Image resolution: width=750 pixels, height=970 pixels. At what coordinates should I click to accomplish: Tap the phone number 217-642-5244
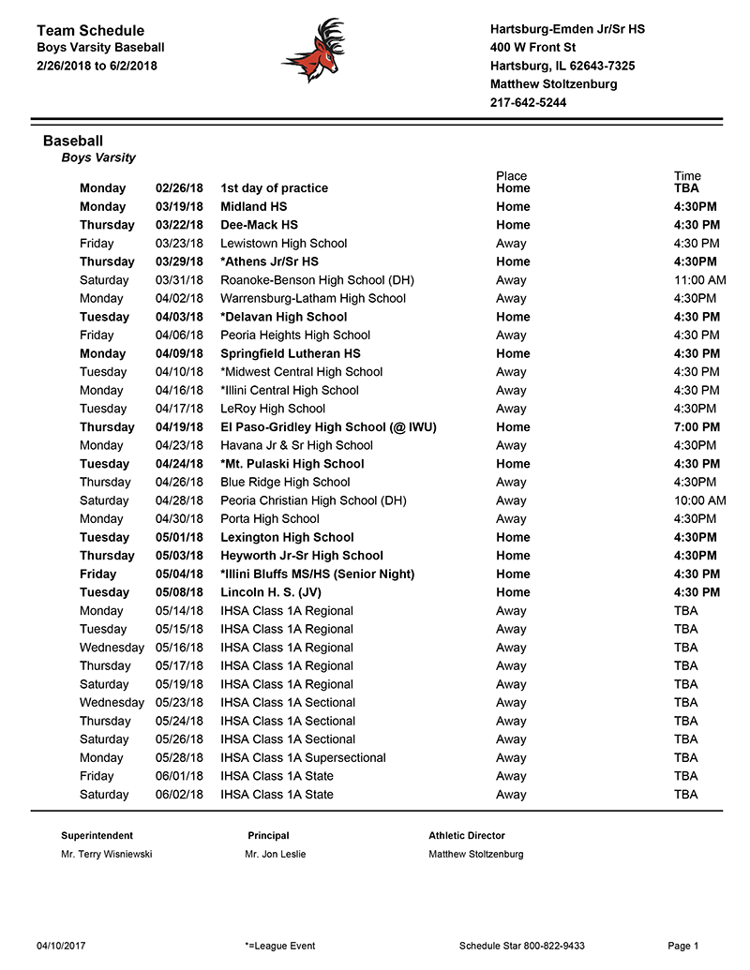tap(528, 103)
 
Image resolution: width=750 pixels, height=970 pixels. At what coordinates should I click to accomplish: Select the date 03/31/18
tap(179, 280)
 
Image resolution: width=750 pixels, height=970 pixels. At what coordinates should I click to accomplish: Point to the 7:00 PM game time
tap(697, 427)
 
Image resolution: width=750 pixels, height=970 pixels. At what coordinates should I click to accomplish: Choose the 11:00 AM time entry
tap(699, 280)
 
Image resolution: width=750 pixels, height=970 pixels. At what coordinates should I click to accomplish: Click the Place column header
tap(512, 176)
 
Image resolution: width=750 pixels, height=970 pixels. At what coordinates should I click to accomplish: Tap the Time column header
tap(687, 176)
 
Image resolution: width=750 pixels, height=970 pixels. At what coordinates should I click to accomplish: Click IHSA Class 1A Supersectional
tap(303, 757)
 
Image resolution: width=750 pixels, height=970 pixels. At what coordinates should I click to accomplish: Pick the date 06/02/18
tap(179, 795)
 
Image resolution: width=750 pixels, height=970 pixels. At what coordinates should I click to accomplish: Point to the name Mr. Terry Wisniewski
tap(106, 855)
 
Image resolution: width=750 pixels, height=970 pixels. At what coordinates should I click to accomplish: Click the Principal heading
tap(268, 836)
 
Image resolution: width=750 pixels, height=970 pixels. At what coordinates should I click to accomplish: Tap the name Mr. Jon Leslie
tap(275, 855)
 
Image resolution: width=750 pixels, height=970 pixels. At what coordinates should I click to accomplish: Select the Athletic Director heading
tap(467, 836)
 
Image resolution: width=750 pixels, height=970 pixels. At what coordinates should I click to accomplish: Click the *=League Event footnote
tap(279, 947)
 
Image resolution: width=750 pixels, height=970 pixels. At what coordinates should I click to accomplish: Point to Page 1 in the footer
tap(683, 947)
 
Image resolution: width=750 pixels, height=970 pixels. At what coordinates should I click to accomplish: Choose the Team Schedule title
tap(90, 31)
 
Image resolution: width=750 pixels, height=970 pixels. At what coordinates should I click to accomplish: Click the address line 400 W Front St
tap(532, 48)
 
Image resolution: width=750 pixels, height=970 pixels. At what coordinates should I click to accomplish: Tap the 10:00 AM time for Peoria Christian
tap(699, 500)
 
